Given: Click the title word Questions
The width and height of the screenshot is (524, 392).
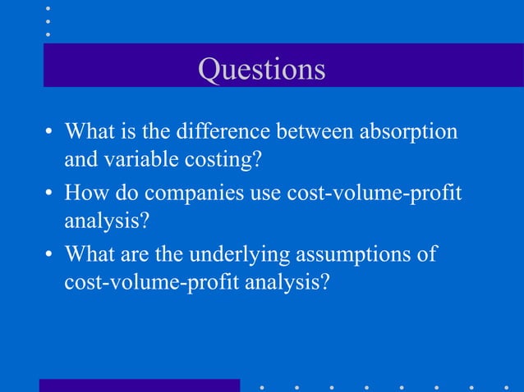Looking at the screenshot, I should click(x=261, y=70).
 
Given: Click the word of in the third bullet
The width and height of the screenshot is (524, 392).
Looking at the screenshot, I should click(x=426, y=254).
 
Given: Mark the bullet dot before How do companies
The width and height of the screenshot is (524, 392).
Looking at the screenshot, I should click(x=49, y=195).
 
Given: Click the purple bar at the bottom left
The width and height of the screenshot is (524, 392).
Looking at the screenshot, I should click(x=140, y=385).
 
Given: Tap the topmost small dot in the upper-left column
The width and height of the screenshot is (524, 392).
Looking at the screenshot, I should click(x=48, y=7).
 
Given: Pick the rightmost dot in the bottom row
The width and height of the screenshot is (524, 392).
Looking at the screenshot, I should click(x=506, y=385).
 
